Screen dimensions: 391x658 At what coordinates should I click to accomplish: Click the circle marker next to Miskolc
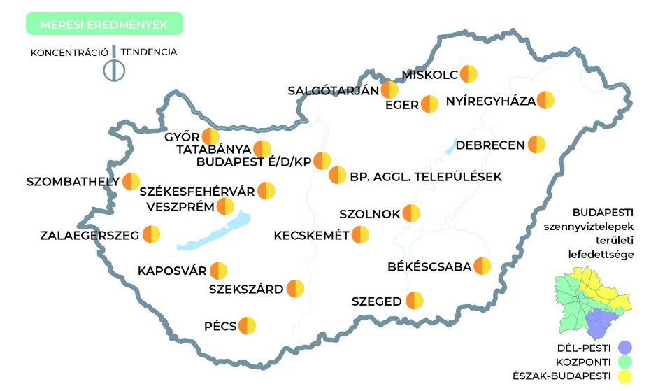[469, 74]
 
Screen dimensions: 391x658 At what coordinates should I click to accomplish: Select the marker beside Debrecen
[536, 145]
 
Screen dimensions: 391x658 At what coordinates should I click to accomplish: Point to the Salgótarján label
[333, 90]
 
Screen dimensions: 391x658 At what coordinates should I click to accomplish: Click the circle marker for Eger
[429, 105]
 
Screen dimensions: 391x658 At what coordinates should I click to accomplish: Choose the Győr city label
[182, 137]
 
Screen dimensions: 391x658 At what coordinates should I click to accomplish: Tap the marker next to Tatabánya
[262, 149]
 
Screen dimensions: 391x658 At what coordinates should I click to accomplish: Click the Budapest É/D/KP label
[253, 162]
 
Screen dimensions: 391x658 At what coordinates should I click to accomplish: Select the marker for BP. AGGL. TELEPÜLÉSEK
[338, 175]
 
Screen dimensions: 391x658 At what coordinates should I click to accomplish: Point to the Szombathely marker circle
[131, 182]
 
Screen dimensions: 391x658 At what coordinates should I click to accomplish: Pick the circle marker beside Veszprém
[225, 206]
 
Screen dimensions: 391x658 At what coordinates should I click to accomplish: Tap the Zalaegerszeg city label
[90, 235]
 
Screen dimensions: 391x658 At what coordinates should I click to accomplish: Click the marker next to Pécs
[248, 326]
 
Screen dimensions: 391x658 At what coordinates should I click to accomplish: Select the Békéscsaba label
[429, 266]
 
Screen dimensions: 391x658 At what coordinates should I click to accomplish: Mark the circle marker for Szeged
[415, 301]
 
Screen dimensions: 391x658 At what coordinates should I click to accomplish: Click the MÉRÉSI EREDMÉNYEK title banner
[103, 24]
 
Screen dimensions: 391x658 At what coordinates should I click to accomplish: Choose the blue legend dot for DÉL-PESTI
[625, 348]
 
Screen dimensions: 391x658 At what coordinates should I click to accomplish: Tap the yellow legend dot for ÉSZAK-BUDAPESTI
[625, 377]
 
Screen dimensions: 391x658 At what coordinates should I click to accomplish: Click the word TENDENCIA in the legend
[149, 52]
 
